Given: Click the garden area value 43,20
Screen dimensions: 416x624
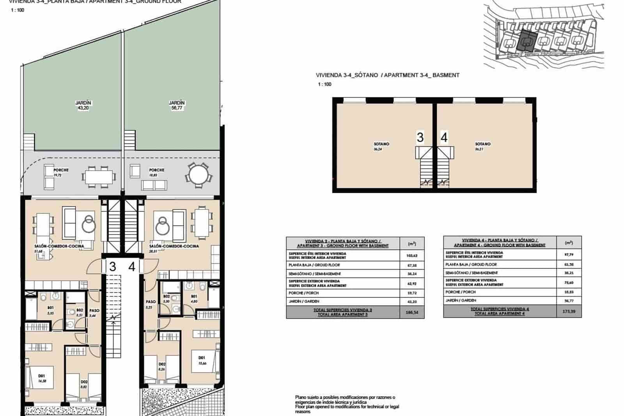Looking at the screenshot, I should click(x=83, y=108).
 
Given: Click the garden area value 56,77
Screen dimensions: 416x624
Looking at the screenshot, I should click(x=177, y=108).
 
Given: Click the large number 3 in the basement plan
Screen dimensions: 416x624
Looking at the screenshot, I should click(x=420, y=137).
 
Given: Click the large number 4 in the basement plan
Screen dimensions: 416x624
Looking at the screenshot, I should click(x=444, y=137).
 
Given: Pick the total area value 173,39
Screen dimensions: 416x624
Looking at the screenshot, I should click(x=569, y=311).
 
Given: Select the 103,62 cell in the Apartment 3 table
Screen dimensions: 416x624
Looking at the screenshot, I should click(x=412, y=256).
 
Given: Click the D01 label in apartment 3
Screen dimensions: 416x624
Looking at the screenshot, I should click(x=41, y=376).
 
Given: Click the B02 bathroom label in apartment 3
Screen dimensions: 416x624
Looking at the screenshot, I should click(x=80, y=310).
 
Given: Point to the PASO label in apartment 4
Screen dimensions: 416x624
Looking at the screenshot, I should click(x=151, y=302).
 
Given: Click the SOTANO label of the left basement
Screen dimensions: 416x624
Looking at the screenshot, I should click(x=381, y=144).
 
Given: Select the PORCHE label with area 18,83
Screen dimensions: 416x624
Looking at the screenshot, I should click(x=156, y=170).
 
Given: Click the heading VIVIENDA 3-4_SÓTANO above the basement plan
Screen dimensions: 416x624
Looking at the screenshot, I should click(x=347, y=75).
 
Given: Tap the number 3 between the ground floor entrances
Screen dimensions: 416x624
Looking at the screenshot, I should click(x=113, y=267).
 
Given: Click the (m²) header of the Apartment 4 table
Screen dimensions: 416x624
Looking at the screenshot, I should click(x=569, y=243).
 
